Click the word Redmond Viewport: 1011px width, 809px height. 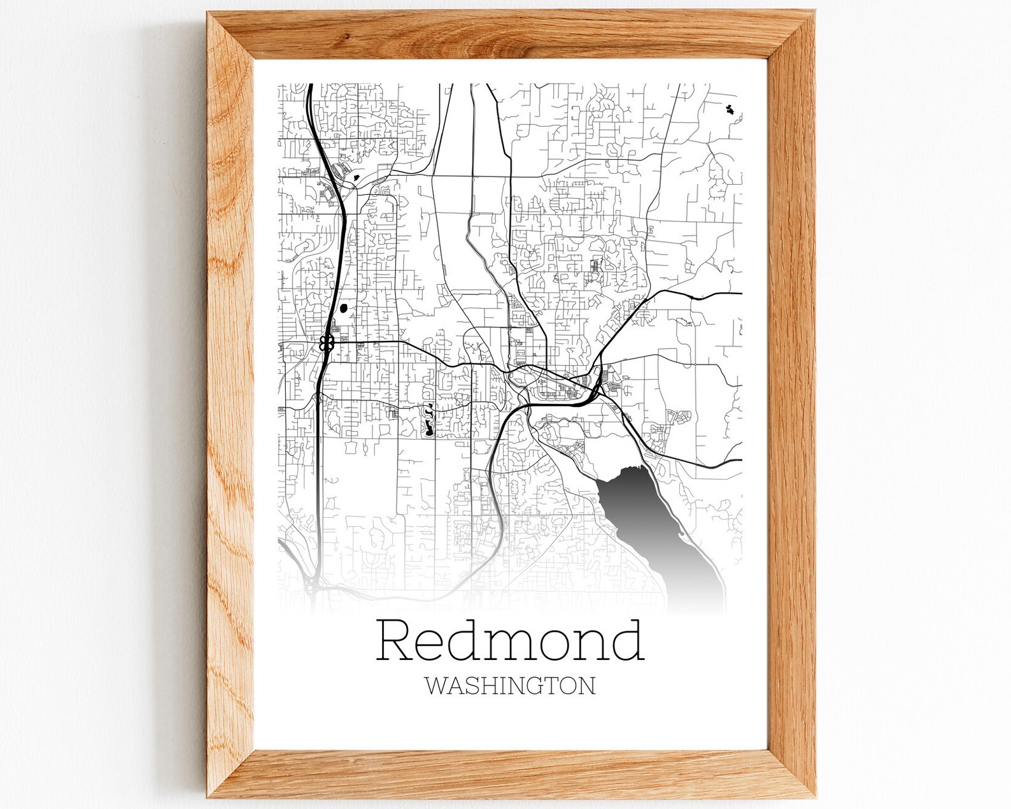511,641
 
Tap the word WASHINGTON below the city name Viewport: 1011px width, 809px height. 510,685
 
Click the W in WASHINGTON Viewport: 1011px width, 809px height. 436,685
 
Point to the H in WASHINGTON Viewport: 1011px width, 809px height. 490,685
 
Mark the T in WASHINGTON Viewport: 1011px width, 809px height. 551,685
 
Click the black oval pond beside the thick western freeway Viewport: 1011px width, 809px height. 344,309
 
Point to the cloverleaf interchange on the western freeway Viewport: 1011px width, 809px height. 327,344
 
